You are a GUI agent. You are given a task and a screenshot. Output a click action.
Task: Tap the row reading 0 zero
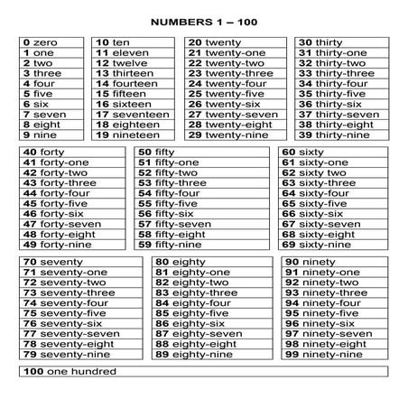(41, 42)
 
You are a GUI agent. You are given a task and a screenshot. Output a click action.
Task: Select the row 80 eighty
(181, 262)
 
